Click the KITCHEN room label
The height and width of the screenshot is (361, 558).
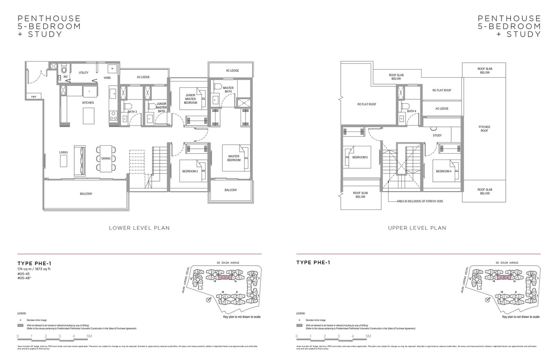tap(88, 103)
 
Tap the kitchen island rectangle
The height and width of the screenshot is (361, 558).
tap(88, 116)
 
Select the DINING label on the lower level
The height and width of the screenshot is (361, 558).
tap(106, 159)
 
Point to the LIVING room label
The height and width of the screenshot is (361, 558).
tap(63, 153)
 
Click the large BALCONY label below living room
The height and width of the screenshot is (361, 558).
tap(86, 194)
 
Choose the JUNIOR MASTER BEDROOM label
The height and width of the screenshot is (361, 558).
tap(190, 99)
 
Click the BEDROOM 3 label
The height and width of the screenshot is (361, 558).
tap(190, 171)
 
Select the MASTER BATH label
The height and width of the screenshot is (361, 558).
tap(228, 90)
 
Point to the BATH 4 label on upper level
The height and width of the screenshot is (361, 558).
tap(412, 111)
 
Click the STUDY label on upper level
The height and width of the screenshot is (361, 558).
tap(437, 135)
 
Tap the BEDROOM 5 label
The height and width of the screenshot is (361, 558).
tap(360, 157)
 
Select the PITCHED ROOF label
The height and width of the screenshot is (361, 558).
tap(484, 129)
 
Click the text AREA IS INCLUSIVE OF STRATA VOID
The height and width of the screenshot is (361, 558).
tap(420, 201)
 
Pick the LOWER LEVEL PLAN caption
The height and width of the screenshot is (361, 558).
tap(139, 228)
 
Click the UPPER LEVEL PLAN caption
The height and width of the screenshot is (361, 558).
tap(417, 228)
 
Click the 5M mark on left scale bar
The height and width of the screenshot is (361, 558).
tap(89, 336)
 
